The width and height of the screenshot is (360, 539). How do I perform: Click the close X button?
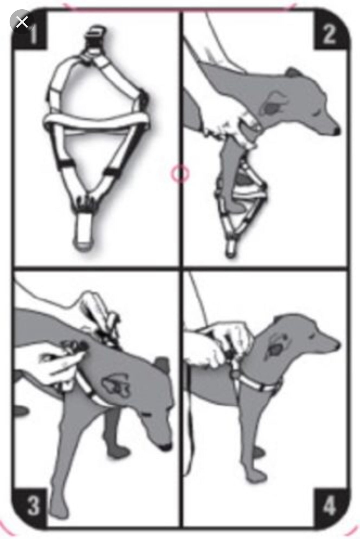tap(22, 22)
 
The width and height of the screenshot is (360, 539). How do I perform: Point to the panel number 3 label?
tap(34, 500)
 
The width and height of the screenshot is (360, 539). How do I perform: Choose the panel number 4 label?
tap(329, 500)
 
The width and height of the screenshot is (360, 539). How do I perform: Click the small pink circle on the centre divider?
tap(180, 173)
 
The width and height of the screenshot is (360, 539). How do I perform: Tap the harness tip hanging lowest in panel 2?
tap(230, 250)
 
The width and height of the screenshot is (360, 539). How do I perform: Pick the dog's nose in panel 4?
tap(337, 345)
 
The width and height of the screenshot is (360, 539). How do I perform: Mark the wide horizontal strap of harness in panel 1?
tap(96, 120)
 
